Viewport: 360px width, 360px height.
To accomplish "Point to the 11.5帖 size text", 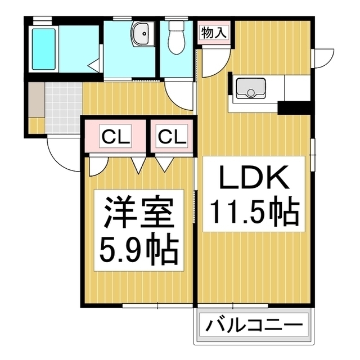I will (x=253, y=211).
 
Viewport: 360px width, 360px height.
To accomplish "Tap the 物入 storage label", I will (x=213, y=32).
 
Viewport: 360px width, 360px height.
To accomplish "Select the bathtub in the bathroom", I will (x=44, y=48).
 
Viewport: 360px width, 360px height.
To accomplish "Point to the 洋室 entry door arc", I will (x=99, y=164).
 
